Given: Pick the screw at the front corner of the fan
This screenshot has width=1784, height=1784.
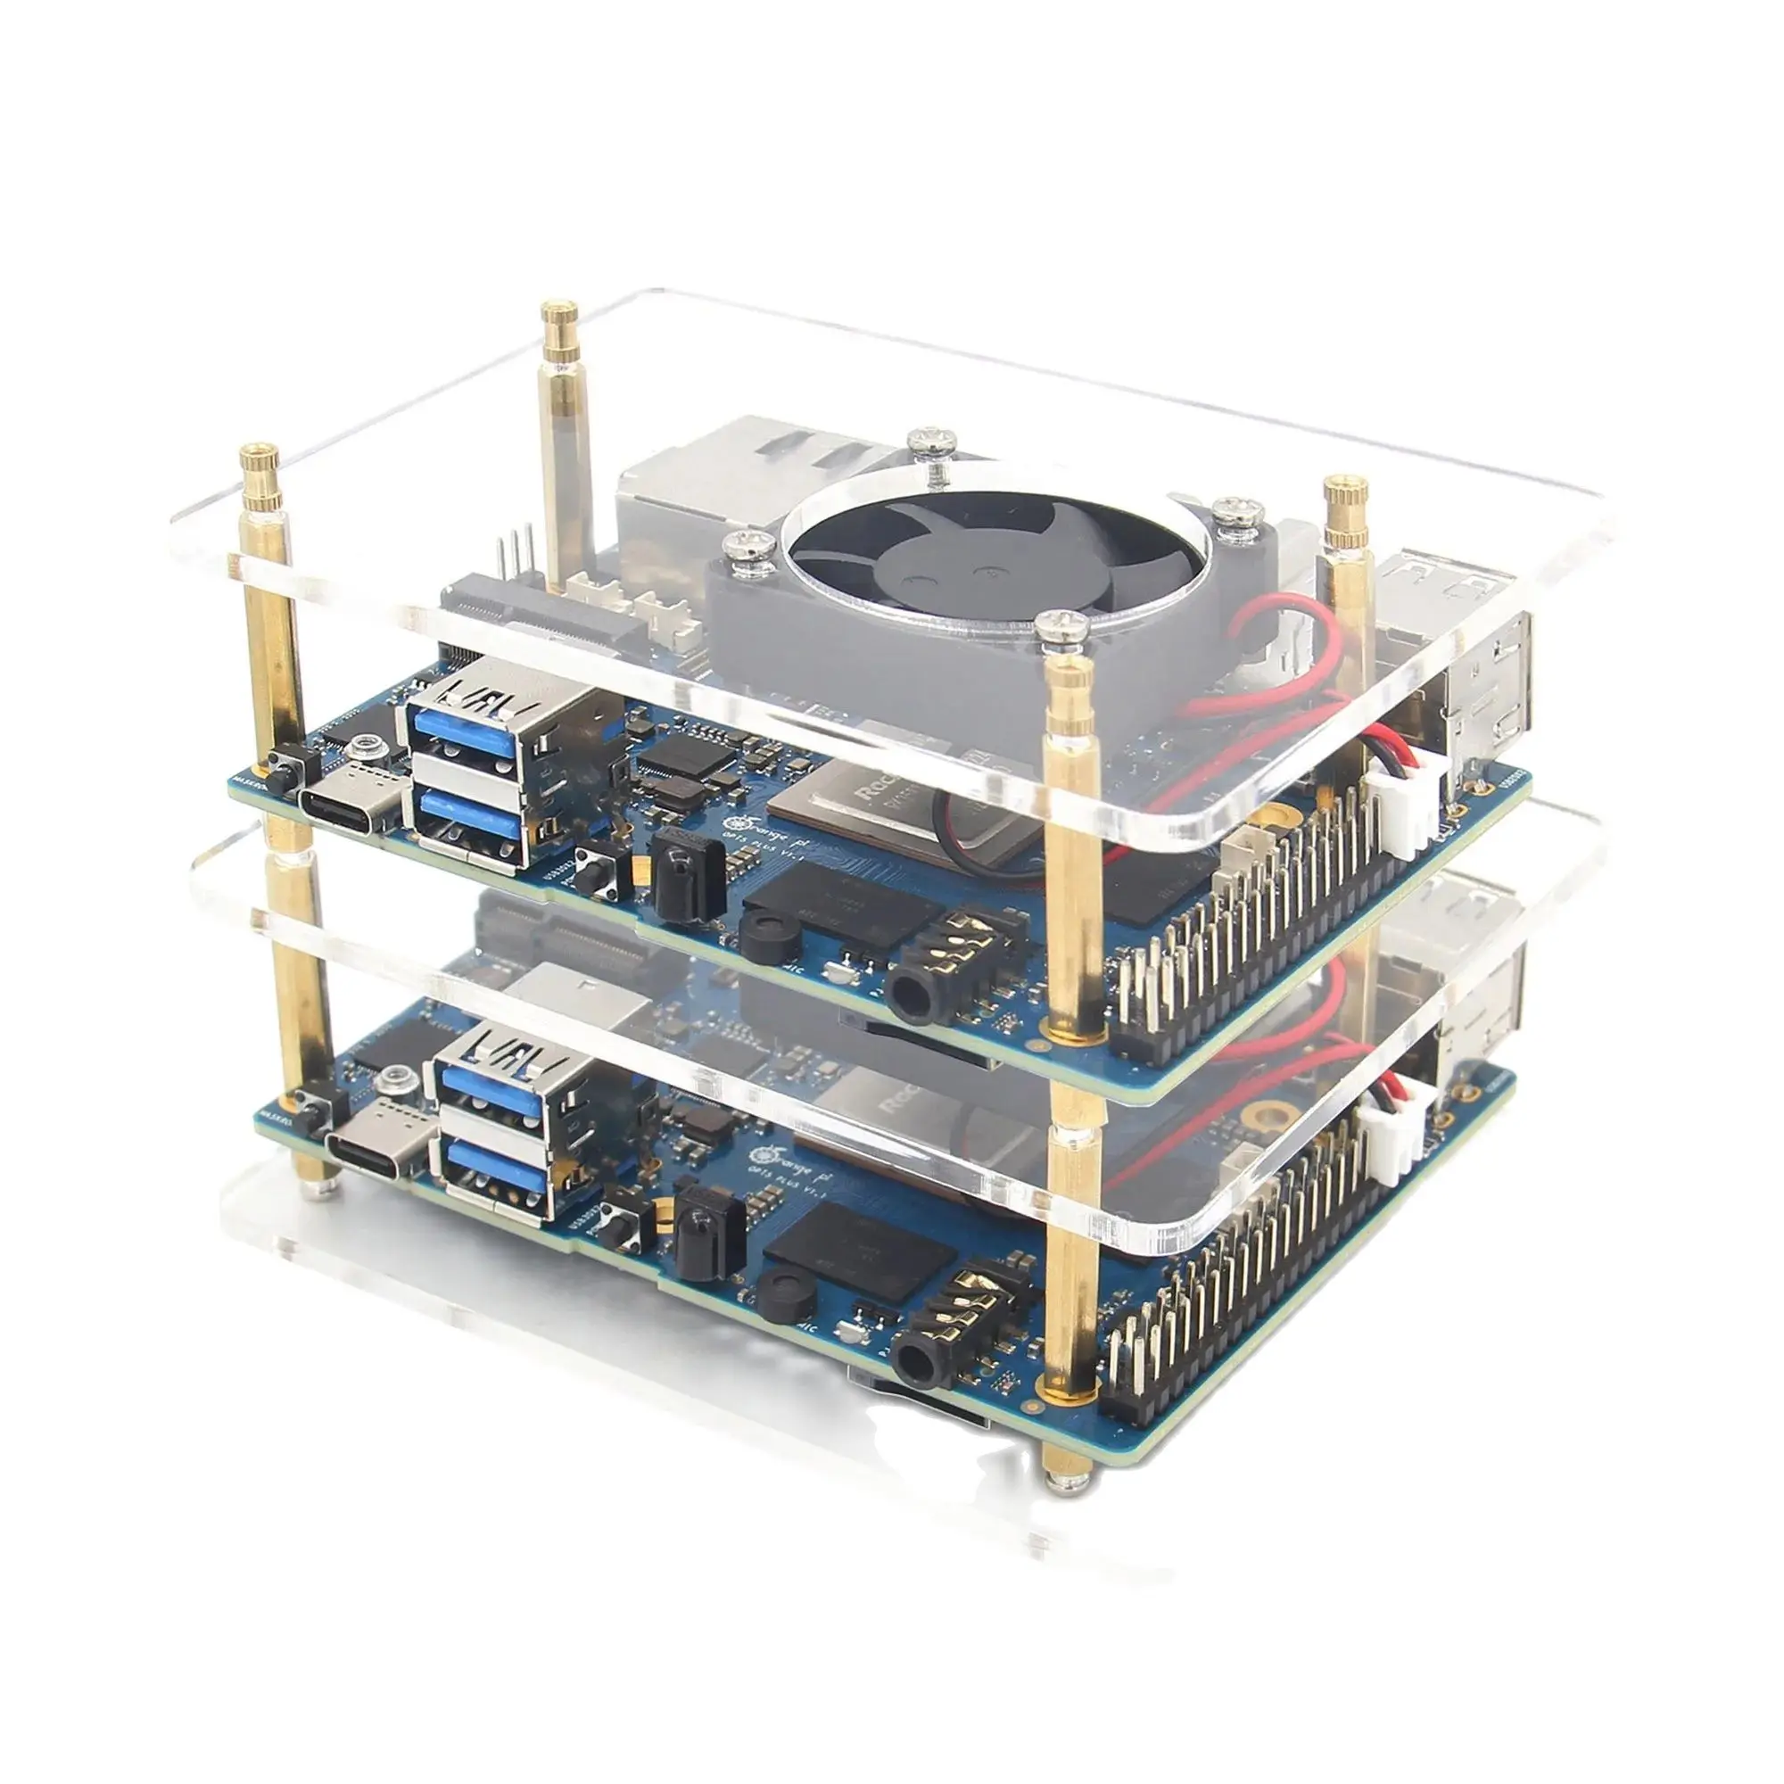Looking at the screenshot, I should (x=1060, y=628).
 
